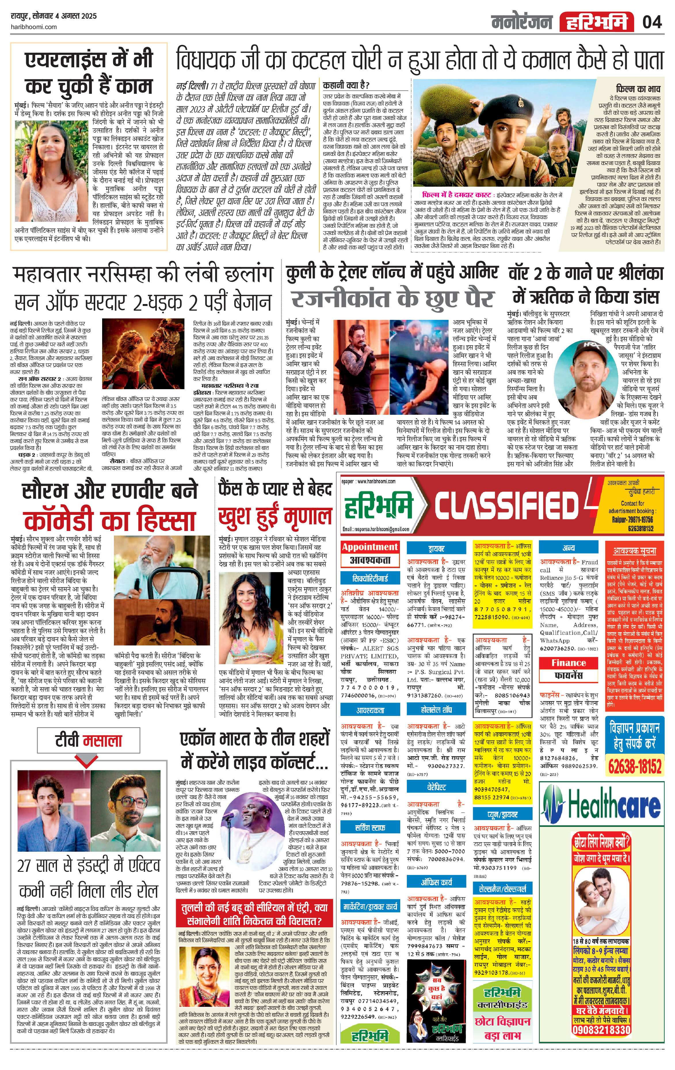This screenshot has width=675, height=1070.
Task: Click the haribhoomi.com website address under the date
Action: pyautogui.click(x=33, y=27)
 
